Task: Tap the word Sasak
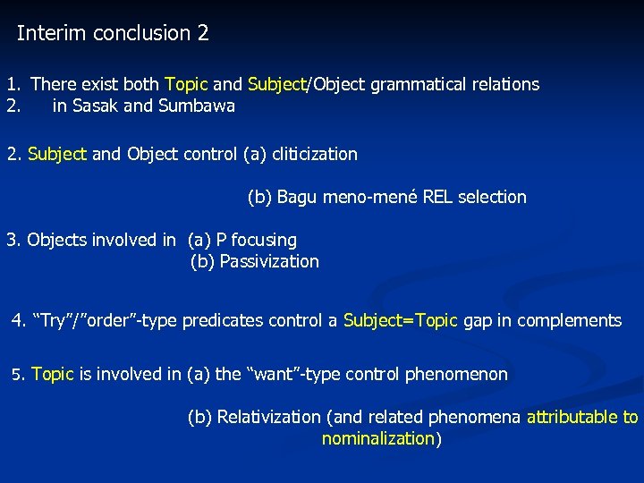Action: click(96, 106)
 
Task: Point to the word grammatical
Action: click(413, 85)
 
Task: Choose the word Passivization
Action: click(268, 262)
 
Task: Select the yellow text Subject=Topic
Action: click(400, 321)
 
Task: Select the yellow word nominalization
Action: click(377, 439)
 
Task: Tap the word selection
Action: click(493, 197)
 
